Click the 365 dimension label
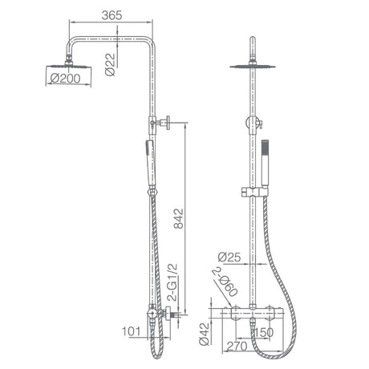pyautogui.click(x=112, y=15)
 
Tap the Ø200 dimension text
pyautogui.click(x=65, y=79)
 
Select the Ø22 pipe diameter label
pyautogui.click(x=110, y=64)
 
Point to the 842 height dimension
pyautogui.click(x=179, y=219)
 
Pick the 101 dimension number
pyautogui.click(x=131, y=331)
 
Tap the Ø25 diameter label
pyautogui.click(x=229, y=257)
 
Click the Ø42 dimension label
pyautogui.click(x=205, y=334)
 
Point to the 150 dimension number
pyautogui.click(x=263, y=332)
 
